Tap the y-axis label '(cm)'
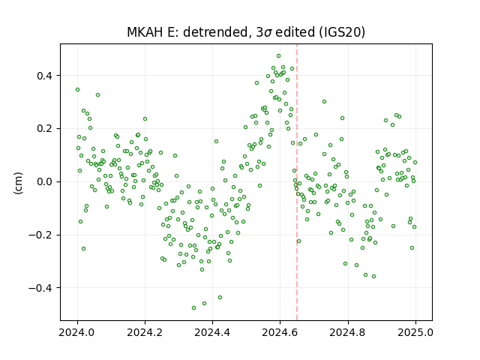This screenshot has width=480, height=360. [x=18, y=183]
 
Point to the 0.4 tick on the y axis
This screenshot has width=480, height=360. [x=44, y=76]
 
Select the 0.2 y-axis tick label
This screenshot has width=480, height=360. [x=44, y=128]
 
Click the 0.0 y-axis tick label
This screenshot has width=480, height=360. [x=44, y=181]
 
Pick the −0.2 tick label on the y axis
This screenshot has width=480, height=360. [x=40, y=235]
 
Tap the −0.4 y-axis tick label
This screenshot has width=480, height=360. [x=40, y=288]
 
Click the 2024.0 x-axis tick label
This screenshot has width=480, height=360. [x=77, y=332]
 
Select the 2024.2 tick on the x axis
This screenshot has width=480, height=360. [x=145, y=332]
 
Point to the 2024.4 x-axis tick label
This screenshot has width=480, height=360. [x=212, y=332]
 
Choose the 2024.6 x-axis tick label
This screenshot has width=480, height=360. [x=280, y=332]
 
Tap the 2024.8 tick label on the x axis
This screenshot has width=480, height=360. [x=348, y=332]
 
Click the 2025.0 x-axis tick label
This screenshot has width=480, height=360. [x=415, y=332]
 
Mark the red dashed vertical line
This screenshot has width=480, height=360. [x=297, y=182]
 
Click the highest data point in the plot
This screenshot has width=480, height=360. [x=278, y=56]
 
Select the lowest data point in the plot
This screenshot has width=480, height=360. [x=193, y=307]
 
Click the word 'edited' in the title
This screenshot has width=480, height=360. [x=295, y=32]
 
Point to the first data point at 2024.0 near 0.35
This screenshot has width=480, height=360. [x=78, y=90]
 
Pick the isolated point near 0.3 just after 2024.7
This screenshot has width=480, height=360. [x=324, y=102]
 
